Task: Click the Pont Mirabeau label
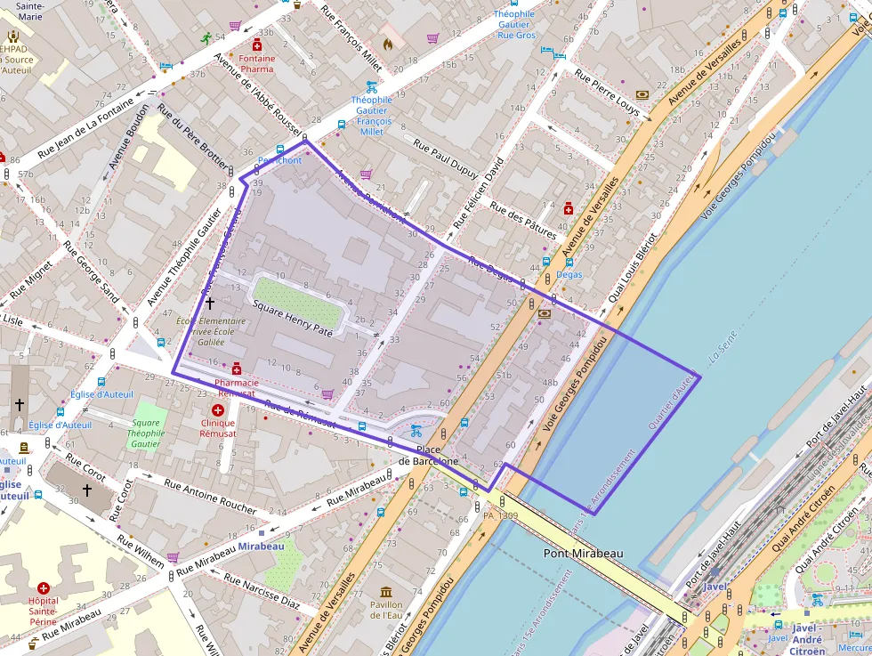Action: point(583,554)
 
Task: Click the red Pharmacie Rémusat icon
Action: point(236,368)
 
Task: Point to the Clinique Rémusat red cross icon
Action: point(218,410)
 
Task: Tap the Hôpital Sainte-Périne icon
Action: point(44,588)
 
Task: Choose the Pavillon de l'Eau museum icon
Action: point(385,593)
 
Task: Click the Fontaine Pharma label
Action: point(257,63)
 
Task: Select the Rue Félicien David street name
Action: point(479,191)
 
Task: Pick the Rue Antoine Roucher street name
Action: point(210,496)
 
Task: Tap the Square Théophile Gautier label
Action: point(146,433)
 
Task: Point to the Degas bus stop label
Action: point(569,274)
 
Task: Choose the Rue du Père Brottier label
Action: point(192,136)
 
